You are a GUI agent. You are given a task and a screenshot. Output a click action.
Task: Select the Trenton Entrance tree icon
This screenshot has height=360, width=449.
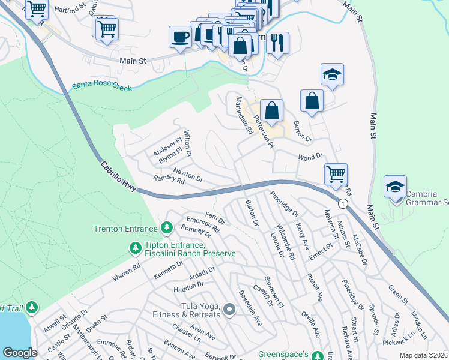pos(167,228)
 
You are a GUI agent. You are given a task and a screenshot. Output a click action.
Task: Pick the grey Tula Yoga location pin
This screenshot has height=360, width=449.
pos(229,310)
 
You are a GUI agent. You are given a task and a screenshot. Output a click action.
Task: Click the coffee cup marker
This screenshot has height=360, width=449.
pos(181,37)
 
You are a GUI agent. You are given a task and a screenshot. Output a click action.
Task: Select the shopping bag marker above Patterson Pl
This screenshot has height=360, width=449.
pos(271,111)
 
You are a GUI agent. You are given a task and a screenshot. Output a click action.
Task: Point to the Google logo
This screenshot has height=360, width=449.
pos(20,352)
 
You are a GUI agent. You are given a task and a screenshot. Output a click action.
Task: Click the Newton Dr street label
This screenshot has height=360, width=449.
pos(188,175)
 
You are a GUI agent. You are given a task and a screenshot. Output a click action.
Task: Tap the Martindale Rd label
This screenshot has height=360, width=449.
pos(244,114)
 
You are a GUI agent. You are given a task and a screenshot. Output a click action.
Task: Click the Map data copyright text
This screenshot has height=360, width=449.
pos(423,355)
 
